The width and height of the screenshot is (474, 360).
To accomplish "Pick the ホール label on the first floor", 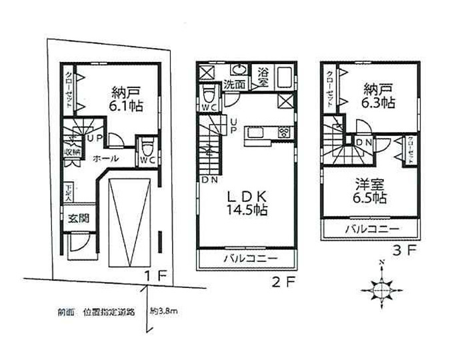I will tap(106, 159).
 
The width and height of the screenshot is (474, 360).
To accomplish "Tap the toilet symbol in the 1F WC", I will tap(148, 145).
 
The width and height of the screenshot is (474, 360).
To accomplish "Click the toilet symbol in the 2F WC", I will tap(208, 93).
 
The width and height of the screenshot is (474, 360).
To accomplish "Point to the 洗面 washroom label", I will tap(233, 85).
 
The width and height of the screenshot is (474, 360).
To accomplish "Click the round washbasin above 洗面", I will tap(239, 69).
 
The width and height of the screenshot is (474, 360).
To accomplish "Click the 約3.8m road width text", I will tap(164, 311).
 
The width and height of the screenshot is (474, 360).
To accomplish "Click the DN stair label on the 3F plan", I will tap(365, 142).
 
